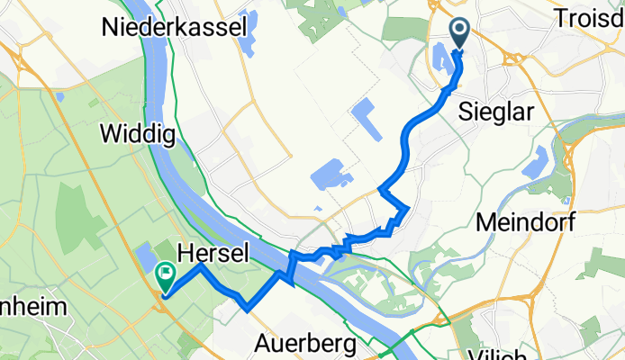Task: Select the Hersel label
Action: (x=213, y=254)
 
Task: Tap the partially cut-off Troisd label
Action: (x=591, y=17)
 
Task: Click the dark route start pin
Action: (x=460, y=35)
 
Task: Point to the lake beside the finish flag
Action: (x=144, y=257)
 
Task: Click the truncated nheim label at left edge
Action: (x=33, y=307)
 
